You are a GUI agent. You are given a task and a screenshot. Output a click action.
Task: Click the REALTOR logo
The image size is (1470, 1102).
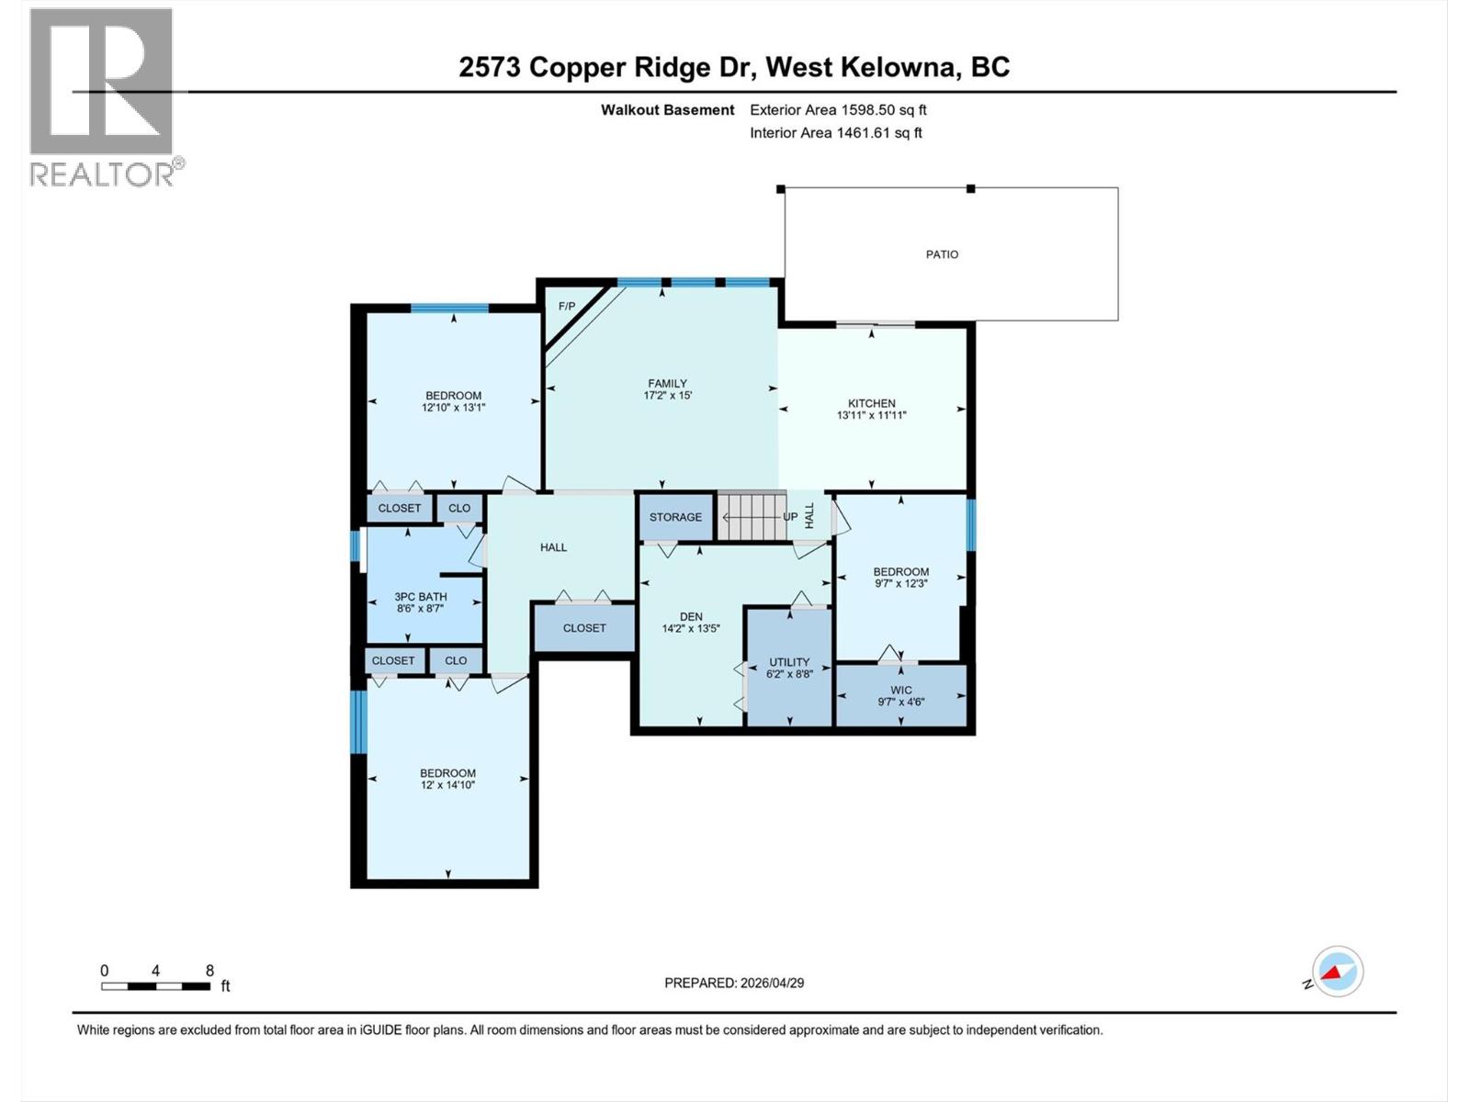pyautogui.click(x=102, y=96)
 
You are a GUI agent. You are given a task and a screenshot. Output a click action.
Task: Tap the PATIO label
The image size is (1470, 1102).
pyautogui.click(x=942, y=254)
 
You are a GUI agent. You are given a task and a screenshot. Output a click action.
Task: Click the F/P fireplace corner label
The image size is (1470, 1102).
pyautogui.click(x=567, y=306)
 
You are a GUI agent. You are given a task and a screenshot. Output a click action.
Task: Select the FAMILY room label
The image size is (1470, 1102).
pyautogui.click(x=667, y=384)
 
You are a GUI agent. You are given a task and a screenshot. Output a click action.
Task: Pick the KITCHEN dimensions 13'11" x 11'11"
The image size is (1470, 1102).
pyautogui.click(x=871, y=415)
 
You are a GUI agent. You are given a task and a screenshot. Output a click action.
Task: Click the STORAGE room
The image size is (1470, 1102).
pyautogui.click(x=675, y=517)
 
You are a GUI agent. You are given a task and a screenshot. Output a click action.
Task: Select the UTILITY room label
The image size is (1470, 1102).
pyautogui.click(x=789, y=662)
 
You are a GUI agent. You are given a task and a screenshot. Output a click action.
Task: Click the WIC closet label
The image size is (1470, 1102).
pyautogui.click(x=900, y=690)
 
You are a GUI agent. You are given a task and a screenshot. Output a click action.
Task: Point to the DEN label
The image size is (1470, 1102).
pyautogui.click(x=691, y=617)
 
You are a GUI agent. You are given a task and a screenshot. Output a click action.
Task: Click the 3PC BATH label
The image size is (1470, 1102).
pyautogui.click(x=421, y=597)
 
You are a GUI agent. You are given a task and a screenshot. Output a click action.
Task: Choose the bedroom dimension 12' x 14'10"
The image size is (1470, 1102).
pyautogui.click(x=447, y=785)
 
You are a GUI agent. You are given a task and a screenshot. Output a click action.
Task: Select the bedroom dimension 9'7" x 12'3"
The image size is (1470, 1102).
pyautogui.click(x=900, y=583)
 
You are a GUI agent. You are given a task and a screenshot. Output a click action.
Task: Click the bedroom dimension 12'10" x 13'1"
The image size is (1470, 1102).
pyautogui.click(x=453, y=408)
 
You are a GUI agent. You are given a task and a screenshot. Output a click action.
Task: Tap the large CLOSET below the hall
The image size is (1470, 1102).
pyautogui.click(x=584, y=628)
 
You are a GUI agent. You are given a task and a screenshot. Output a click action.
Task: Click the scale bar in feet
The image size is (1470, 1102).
pyautogui.click(x=156, y=986)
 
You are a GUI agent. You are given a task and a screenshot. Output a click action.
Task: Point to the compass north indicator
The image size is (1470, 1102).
pyautogui.click(x=1338, y=972)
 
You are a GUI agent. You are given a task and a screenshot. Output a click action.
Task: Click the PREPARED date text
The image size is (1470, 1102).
pyautogui.click(x=734, y=983)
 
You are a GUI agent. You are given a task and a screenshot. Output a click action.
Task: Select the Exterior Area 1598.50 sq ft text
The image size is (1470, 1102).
pyautogui.click(x=838, y=109)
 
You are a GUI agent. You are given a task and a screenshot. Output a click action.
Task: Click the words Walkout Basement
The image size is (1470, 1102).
pyautogui.click(x=667, y=109)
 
